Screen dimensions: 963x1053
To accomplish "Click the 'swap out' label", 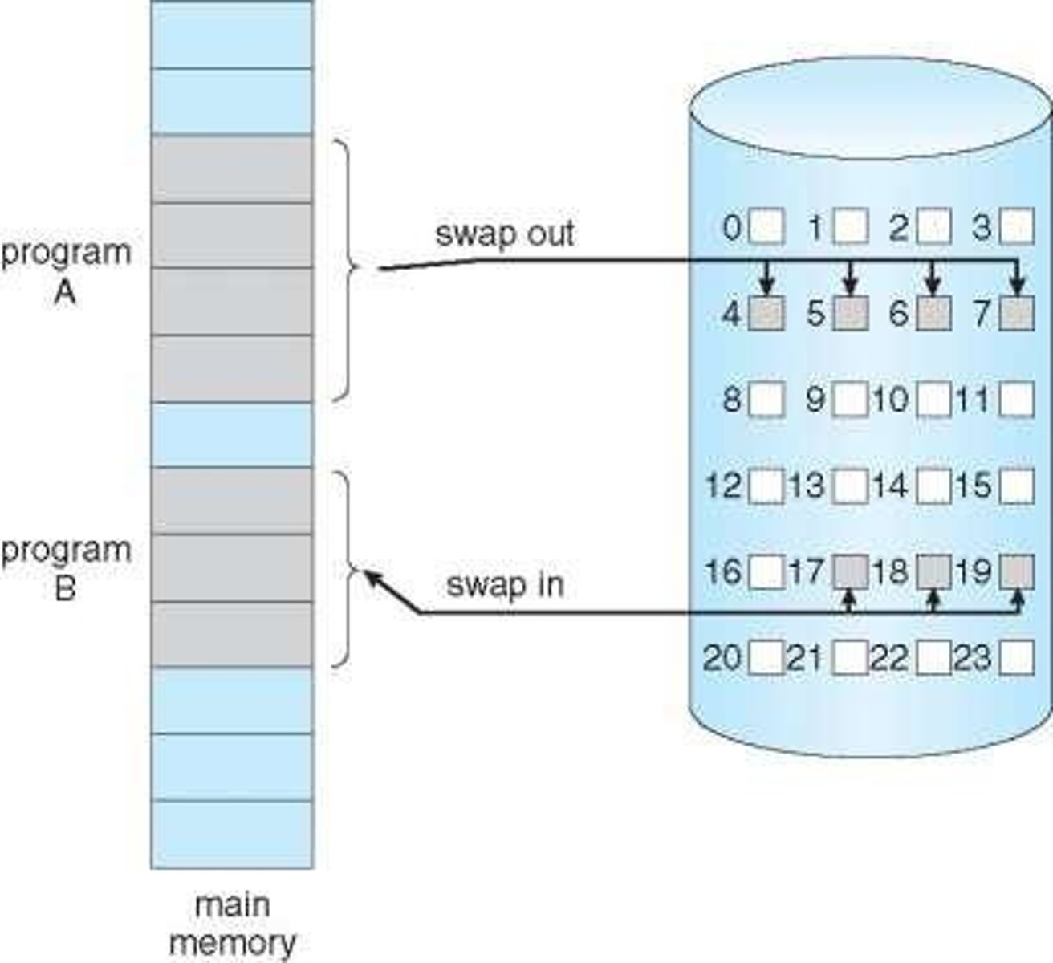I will (504, 234).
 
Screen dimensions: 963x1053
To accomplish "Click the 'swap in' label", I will (504, 584).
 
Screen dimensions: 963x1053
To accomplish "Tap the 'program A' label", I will (65, 271).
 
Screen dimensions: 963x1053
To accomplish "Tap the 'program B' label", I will (65, 569).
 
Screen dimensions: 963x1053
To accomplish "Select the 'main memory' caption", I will (232, 924).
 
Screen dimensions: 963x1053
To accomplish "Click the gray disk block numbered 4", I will (766, 314).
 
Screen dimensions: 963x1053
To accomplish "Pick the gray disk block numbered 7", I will (1017, 314).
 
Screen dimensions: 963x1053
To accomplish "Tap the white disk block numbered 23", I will (1017, 659).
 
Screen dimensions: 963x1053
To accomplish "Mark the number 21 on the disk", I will (805, 659).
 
